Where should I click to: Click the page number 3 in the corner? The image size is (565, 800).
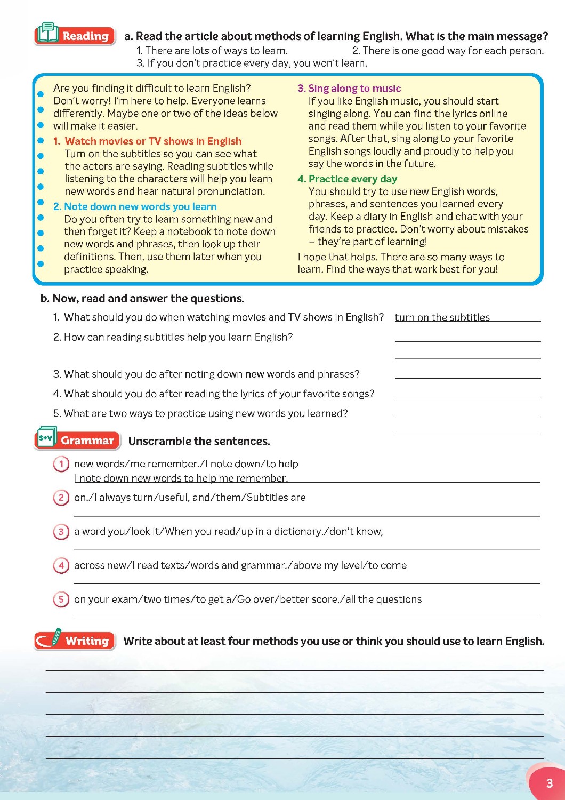click(x=549, y=783)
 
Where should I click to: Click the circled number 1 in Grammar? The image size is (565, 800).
click(x=61, y=464)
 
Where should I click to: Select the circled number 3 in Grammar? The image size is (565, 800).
click(x=61, y=532)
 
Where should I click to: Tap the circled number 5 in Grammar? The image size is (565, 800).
click(x=61, y=599)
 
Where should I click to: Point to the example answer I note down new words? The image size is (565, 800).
click(x=181, y=478)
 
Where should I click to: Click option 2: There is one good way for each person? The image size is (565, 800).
click(x=448, y=51)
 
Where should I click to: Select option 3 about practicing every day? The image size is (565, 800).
click(x=252, y=63)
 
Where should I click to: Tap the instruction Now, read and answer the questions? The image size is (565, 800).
click(x=142, y=299)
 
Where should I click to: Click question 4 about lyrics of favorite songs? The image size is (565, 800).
click(x=219, y=394)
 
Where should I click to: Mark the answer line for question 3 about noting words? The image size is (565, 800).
click(x=467, y=375)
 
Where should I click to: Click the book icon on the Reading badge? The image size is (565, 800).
click(x=48, y=33)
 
